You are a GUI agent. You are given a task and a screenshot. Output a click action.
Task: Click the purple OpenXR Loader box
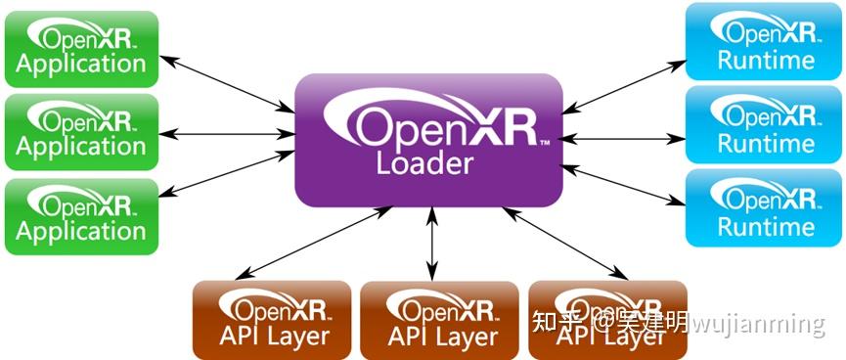(428, 139)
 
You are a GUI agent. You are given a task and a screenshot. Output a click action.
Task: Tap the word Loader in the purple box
(424, 162)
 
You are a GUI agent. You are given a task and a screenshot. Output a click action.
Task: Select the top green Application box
(81, 49)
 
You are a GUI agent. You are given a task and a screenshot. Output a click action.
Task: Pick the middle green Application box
(81, 132)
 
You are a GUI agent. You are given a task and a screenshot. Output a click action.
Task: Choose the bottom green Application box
(81, 216)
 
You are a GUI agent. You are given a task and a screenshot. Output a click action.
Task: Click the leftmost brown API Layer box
(272, 319)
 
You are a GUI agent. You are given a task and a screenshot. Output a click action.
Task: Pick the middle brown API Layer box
(440, 319)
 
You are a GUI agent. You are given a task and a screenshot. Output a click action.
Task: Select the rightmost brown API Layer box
(606, 319)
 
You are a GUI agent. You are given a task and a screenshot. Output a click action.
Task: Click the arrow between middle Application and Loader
(227, 132)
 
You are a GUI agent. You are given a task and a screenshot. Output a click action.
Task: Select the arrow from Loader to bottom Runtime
(624, 183)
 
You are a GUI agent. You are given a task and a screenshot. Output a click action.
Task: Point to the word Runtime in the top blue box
(766, 61)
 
